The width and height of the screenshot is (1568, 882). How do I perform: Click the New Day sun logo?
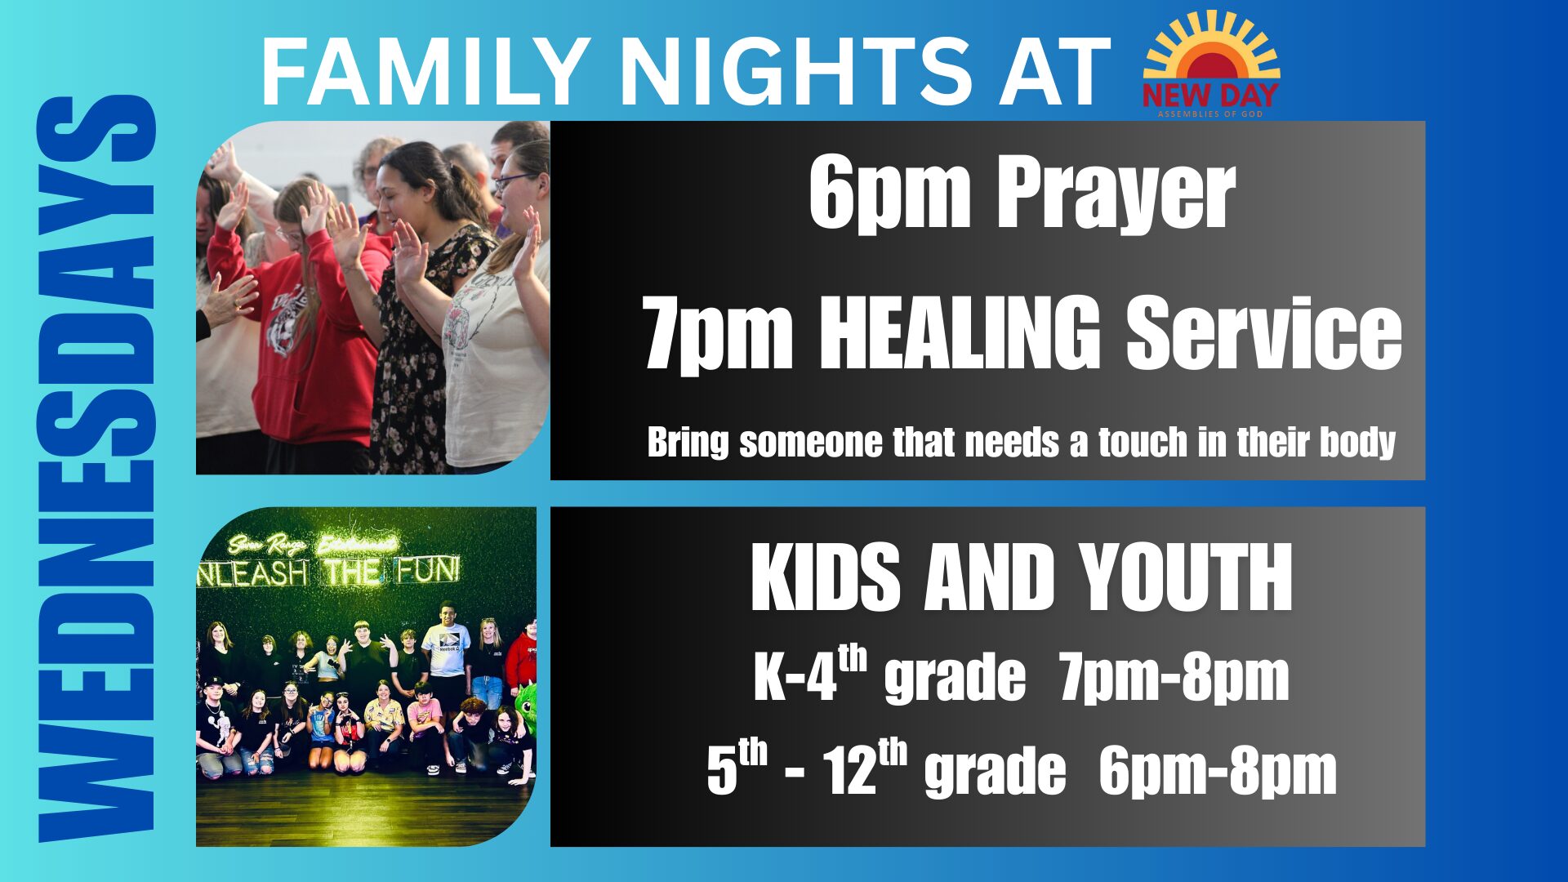[x=1211, y=65]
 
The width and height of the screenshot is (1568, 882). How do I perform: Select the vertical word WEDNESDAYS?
[x=96, y=470]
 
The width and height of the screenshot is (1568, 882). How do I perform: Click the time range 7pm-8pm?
[x=1174, y=678]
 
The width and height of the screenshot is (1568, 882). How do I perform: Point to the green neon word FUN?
[x=430, y=571]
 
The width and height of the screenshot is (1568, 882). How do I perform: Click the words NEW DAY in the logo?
[x=1210, y=96]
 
